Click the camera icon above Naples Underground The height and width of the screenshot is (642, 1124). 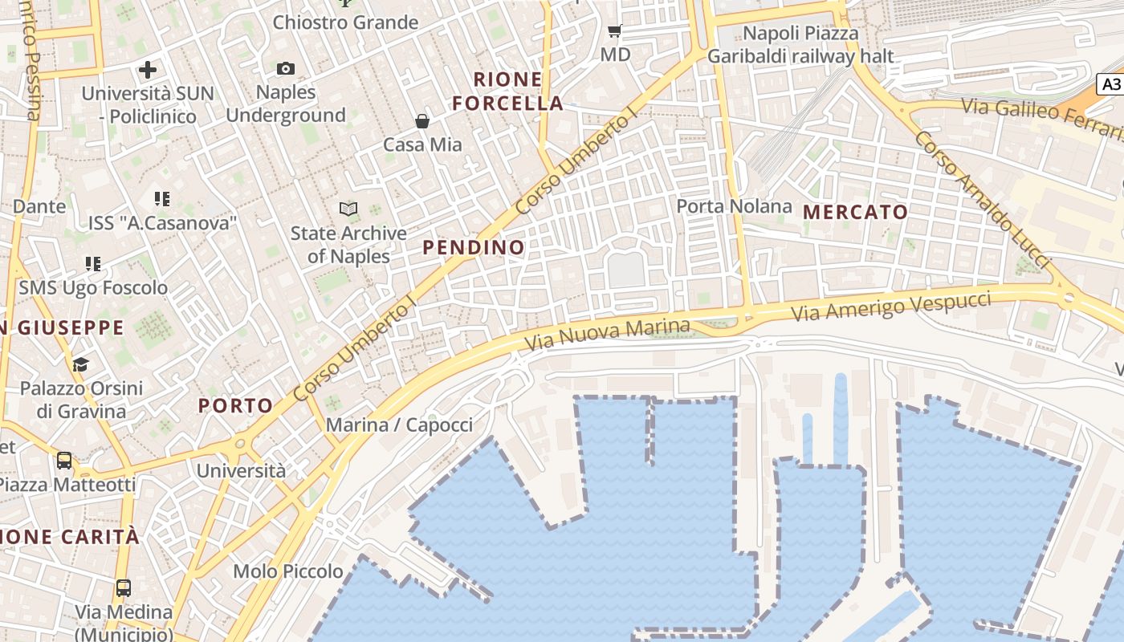point(286,69)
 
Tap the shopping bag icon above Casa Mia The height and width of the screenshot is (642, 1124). point(422,121)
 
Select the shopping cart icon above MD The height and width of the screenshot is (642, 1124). point(615,31)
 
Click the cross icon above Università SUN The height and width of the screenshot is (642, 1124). point(148,70)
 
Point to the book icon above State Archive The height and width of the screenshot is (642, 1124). point(348,209)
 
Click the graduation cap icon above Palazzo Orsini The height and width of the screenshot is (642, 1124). point(80,365)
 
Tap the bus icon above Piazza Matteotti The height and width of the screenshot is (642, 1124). point(64,461)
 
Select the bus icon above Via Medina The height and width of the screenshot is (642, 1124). point(124,587)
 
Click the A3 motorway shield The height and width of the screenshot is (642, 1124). point(1110,84)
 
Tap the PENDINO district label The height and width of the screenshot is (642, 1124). point(474,247)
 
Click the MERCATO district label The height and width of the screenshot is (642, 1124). point(856,213)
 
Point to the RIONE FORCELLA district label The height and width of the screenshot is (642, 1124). point(507,91)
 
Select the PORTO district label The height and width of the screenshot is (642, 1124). point(236,405)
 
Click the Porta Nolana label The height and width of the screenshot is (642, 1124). point(734,206)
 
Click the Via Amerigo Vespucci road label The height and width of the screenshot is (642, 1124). point(891,307)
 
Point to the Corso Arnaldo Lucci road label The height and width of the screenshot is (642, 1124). point(982,199)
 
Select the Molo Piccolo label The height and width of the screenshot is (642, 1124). point(288,571)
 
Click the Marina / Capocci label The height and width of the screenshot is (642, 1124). point(399,425)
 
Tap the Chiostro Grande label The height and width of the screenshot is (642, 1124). point(345,22)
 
